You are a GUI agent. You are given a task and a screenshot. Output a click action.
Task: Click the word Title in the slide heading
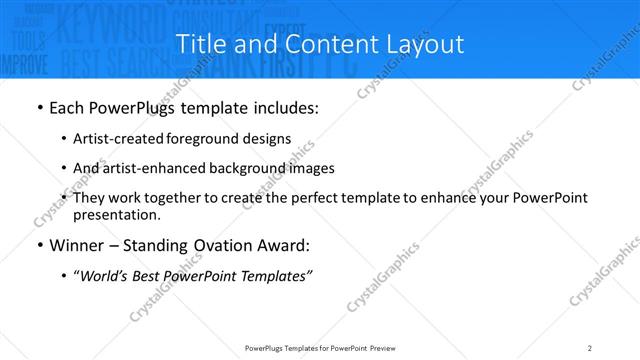200,44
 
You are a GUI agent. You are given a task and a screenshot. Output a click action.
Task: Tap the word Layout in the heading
424,44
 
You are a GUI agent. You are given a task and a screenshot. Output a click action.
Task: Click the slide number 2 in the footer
590,347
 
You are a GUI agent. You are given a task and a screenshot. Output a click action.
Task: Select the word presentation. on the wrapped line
116,214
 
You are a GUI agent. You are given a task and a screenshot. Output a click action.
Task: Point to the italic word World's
105,277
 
